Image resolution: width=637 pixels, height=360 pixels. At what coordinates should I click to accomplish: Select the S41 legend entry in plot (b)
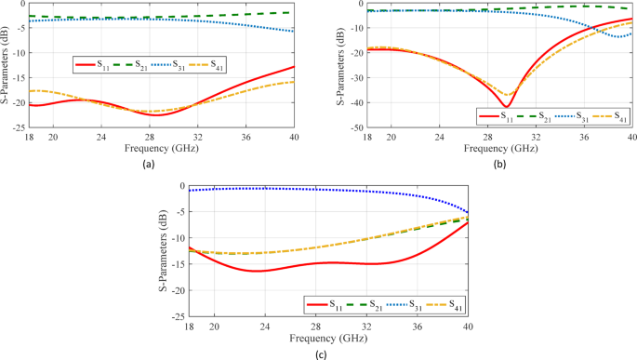coord(609,116)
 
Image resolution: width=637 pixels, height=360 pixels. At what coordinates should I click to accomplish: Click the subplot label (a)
coord(148,163)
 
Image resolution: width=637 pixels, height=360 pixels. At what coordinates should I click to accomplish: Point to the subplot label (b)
coord(499,163)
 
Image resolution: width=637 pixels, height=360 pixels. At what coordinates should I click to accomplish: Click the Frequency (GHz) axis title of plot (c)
coord(329,338)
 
